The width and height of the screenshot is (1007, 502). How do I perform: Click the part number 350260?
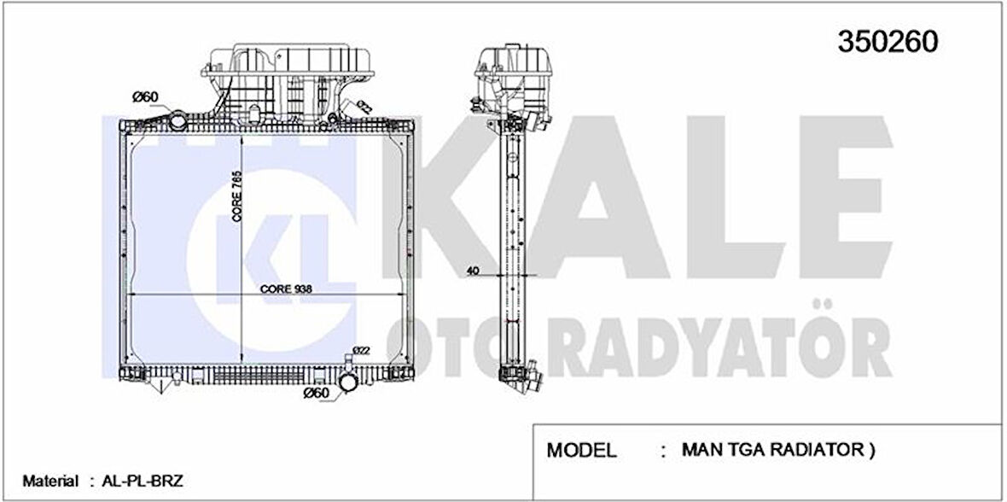(x=888, y=40)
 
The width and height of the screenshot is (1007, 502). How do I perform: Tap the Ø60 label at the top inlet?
(x=146, y=96)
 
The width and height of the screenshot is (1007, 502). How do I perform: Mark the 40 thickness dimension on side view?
(x=473, y=271)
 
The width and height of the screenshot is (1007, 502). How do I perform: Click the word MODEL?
(x=580, y=449)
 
